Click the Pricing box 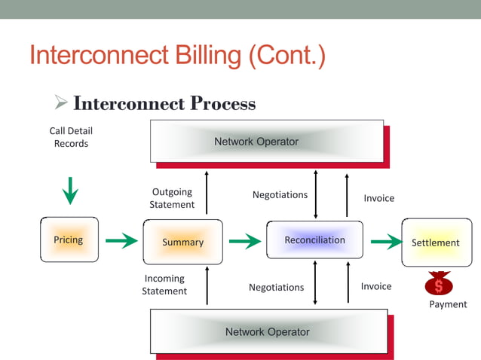tap(69, 240)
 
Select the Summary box tap(182, 242)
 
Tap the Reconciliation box tap(314, 240)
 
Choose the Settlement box tap(436, 243)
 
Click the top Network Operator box tap(256, 142)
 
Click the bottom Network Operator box tap(268, 331)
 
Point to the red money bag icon tap(438, 284)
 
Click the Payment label tap(448, 304)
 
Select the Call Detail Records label tap(71, 137)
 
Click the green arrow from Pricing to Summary tap(121, 241)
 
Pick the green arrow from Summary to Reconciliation tap(244, 241)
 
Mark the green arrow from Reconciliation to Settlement tap(386, 242)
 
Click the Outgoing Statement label tap(172, 198)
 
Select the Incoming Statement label tap(164, 285)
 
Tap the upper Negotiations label tap(280, 194)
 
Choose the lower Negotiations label tap(277, 287)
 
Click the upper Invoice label tap(378, 198)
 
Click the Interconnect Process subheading tap(164, 103)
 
